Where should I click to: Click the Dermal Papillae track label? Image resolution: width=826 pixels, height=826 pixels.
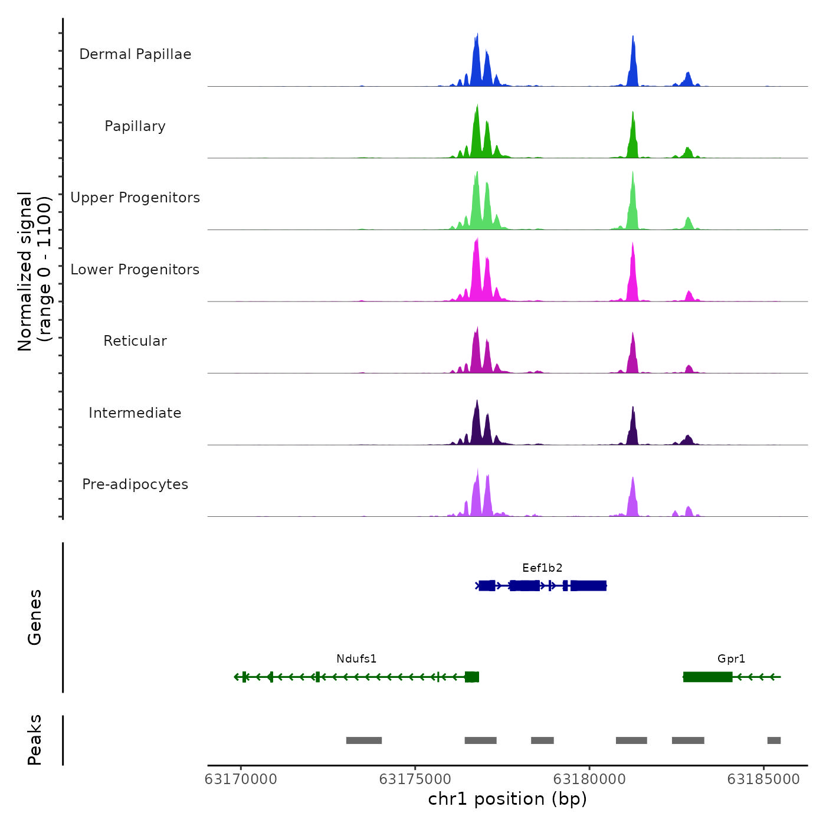click(135, 54)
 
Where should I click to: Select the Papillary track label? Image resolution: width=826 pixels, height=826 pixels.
click(135, 126)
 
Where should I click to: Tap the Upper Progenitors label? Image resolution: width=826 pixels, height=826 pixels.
click(135, 198)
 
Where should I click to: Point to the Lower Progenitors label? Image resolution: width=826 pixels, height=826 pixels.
click(135, 270)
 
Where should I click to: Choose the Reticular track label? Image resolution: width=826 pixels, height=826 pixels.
click(135, 341)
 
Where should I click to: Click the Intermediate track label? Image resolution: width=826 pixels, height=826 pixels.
click(135, 413)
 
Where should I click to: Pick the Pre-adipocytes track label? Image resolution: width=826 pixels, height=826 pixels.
click(135, 484)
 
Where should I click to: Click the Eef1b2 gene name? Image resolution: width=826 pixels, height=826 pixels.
click(542, 568)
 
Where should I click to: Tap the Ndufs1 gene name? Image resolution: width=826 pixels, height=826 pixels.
click(356, 659)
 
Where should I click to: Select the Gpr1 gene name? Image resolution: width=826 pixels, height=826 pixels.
click(731, 659)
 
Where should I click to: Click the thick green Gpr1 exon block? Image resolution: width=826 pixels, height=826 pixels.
click(707, 677)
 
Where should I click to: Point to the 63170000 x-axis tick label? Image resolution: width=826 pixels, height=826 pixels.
click(241, 779)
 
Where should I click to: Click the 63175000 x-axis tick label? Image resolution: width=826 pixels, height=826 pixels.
click(415, 779)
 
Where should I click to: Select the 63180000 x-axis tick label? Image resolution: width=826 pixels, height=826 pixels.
click(589, 779)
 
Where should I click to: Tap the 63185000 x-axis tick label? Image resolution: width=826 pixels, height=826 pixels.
click(763, 779)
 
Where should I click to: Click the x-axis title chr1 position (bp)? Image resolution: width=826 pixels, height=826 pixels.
click(507, 799)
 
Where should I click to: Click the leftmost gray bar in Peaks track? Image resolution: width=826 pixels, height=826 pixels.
click(364, 740)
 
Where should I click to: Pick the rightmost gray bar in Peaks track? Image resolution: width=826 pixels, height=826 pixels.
click(773, 740)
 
